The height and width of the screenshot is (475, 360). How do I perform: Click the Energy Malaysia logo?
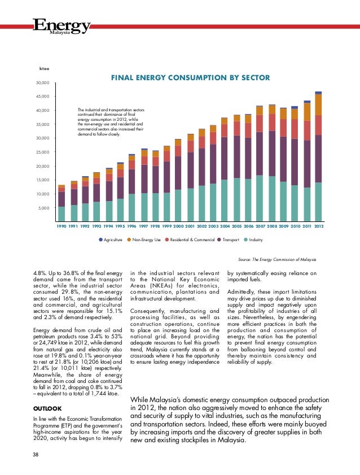(x=62, y=27)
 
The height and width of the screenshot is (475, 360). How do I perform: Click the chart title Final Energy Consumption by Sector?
(x=190, y=78)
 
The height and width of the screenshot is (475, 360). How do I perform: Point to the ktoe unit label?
(x=44, y=69)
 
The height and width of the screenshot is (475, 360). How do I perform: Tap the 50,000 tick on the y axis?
(x=43, y=82)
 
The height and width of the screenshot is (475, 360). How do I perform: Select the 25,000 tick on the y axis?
(x=43, y=152)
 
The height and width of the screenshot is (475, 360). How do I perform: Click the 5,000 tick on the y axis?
(x=44, y=208)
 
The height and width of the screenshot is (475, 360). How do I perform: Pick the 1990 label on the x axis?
(x=62, y=226)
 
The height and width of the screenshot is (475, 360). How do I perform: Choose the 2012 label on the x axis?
(x=319, y=226)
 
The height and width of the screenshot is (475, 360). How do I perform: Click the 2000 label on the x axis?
(x=178, y=226)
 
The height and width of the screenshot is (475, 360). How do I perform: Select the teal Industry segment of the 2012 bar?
(x=318, y=202)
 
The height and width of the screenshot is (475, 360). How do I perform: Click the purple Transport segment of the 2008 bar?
(x=272, y=154)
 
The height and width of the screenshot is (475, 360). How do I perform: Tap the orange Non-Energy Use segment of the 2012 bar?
(x=318, y=105)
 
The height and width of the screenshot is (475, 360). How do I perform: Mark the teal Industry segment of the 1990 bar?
(x=62, y=214)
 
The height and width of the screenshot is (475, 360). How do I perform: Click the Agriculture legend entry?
(x=111, y=239)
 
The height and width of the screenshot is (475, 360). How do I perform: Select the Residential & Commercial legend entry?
(x=190, y=239)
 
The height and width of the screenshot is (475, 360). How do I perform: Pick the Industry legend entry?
(x=253, y=239)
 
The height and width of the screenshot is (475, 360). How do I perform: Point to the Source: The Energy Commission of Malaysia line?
(x=277, y=260)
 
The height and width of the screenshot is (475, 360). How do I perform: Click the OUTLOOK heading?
(x=47, y=409)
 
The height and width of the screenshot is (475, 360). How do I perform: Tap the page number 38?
(x=36, y=455)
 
